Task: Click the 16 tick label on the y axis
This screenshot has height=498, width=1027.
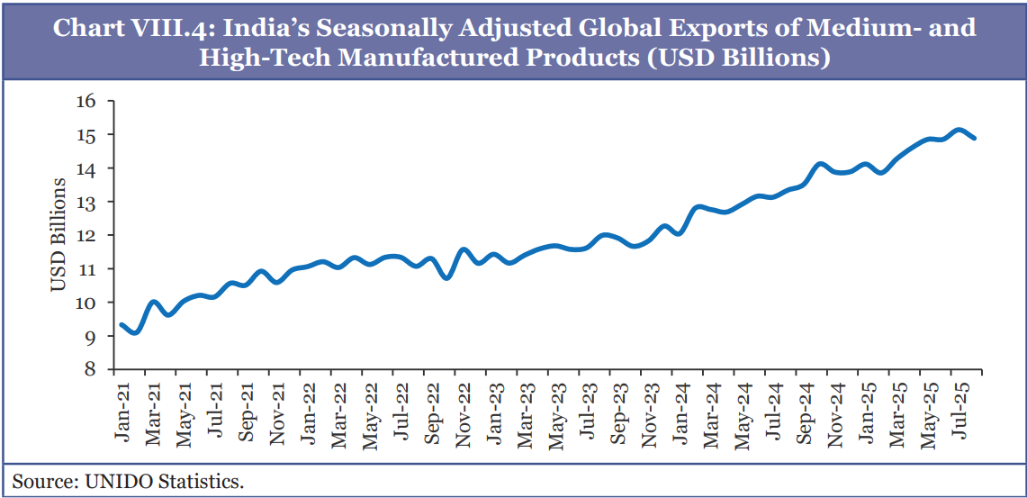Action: (85, 101)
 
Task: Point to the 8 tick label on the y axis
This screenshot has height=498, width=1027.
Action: (89, 369)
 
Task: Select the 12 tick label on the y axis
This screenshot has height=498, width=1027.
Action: (85, 235)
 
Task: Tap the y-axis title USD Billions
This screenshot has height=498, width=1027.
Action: (58, 235)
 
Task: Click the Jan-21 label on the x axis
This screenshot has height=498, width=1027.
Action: (122, 409)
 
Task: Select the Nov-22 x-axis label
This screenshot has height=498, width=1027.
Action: (464, 410)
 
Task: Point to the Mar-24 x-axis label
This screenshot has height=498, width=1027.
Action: (712, 410)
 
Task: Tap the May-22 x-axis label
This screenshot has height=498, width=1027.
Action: (370, 410)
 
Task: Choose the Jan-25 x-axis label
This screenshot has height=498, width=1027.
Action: (867, 409)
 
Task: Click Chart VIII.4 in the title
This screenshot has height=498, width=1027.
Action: (131, 28)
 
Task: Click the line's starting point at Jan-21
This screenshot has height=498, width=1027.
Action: (122, 324)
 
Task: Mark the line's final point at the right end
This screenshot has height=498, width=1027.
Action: (974, 138)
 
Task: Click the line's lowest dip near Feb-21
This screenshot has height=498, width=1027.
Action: (135, 332)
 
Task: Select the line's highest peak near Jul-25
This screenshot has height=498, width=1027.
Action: (959, 130)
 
